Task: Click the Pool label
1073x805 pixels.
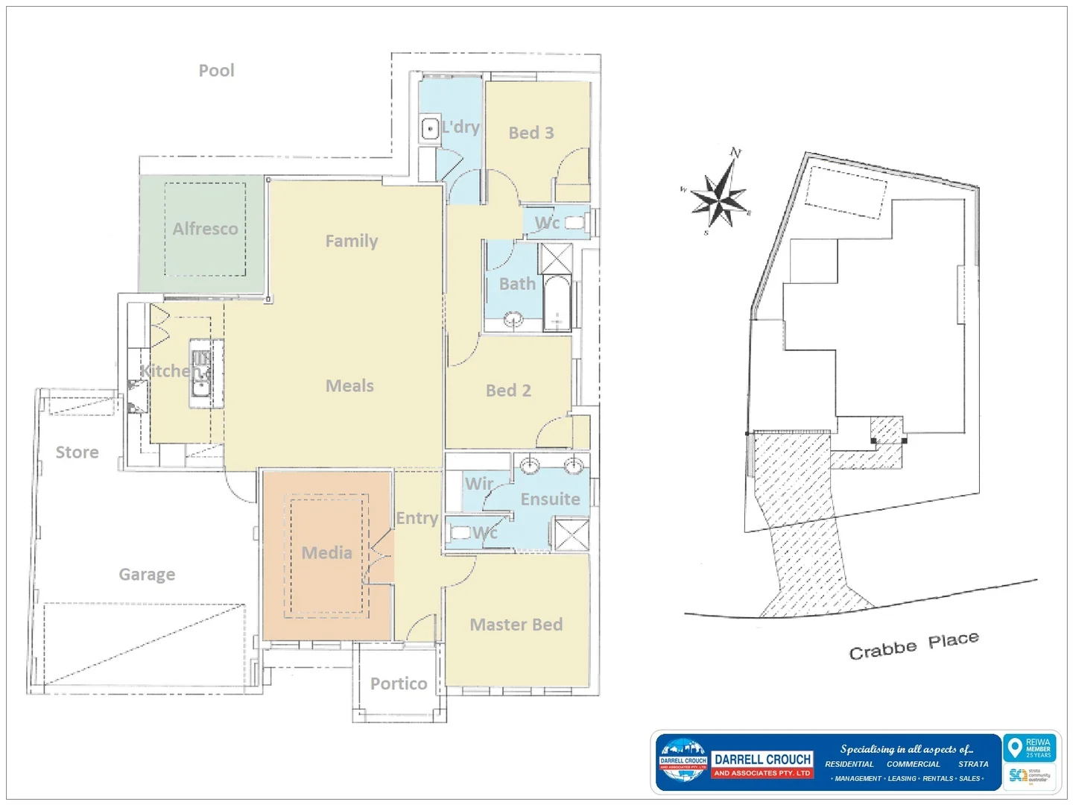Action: point(216,71)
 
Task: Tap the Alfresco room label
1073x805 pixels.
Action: point(205,229)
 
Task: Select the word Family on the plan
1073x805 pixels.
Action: point(351,241)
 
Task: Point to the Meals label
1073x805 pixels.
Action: point(349,386)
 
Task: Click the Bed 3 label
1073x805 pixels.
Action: point(531,133)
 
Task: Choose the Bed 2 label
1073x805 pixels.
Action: point(508,391)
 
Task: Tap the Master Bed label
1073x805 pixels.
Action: point(516,625)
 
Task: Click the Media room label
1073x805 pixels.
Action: point(326,553)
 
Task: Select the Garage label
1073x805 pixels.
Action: point(147,575)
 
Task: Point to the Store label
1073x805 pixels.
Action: point(77,452)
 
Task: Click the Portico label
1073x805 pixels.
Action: point(399,684)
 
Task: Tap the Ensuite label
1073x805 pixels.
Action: point(550,499)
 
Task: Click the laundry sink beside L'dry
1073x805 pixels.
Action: point(430,129)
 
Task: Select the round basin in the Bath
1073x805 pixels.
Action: point(513,321)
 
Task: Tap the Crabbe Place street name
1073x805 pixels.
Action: point(914,645)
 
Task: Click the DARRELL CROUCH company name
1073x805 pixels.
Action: point(762,760)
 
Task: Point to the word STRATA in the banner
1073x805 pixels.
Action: point(973,764)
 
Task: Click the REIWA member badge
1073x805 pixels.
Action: point(1031,748)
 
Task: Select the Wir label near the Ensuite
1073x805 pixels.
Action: point(479,484)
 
